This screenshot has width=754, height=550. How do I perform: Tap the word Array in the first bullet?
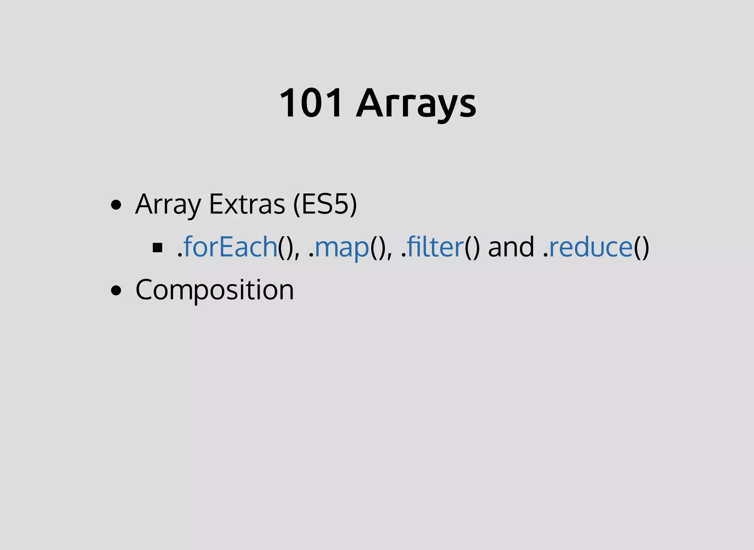(168, 204)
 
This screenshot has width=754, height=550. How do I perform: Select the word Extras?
(247, 204)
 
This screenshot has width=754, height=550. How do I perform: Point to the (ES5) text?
(325, 204)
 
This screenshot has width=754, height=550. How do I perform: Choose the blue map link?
(342, 247)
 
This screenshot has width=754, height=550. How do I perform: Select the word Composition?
(215, 290)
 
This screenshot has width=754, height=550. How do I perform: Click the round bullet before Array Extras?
(116, 205)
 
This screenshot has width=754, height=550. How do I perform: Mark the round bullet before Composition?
(116, 290)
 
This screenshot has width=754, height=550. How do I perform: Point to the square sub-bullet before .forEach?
(158, 247)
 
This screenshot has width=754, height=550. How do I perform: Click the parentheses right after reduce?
(641, 247)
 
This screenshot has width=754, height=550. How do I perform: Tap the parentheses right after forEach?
(286, 247)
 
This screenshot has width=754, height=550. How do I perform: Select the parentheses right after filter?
(472, 247)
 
